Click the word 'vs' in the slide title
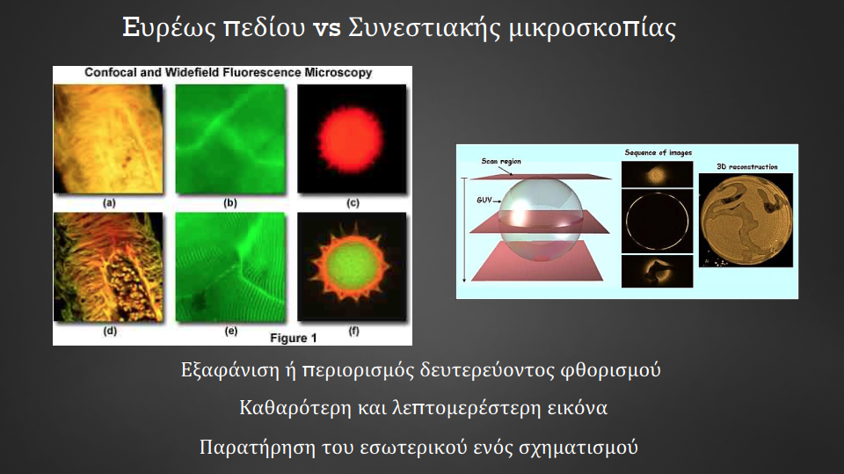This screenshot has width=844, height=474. [x=327, y=28]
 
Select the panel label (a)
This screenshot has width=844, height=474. [x=109, y=203]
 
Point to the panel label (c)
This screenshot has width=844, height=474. [x=353, y=203]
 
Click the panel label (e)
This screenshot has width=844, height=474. [x=231, y=331]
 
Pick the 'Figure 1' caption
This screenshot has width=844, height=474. [x=294, y=339]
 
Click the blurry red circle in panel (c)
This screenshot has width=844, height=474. [x=351, y=138]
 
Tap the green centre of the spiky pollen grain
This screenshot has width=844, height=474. [x=350, y=266]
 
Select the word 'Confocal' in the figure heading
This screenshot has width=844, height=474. [x=111, y=72]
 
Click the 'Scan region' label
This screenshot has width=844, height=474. [x=501, y=161]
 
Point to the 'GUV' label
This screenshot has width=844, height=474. [x=484, y=200]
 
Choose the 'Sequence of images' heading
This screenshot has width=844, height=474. [x=658, y=153]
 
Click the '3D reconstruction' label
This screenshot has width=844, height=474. [x=747, y=167]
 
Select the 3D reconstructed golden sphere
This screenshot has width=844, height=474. [x=746, y=221]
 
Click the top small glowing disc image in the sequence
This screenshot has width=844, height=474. [x=657, y=174]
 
